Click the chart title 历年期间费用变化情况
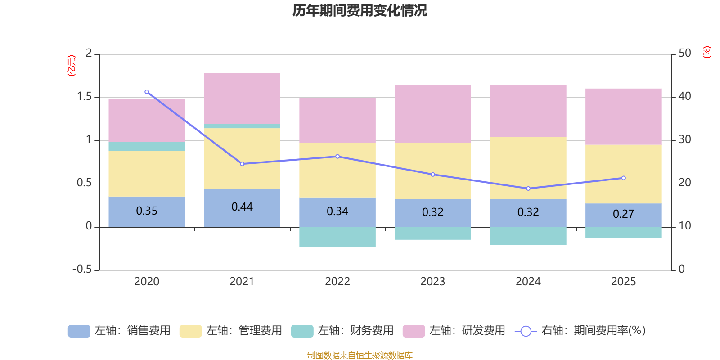pyautogui.click(x=360, y=10)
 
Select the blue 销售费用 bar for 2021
pyautogui.click(x=242, y=216)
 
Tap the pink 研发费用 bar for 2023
pyautogui.click(x=433, y=114)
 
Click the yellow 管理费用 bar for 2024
pyautogui.click(x=528, y=168)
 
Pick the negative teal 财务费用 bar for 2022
pyautogui.click(x=337, y=237)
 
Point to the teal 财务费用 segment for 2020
pyautogui.click(x=147, y=146)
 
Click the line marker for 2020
pyautogui.click(x=147, y=92)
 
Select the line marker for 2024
pyautogui.click(x=528, y=189)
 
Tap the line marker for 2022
pyautogui.click(x=337, y=157)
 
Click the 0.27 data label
pyautogui.click(x=623, y=214)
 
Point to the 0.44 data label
pyautogui.click(x=242, y=207)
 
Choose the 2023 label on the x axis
pyautogui.click(x=433, y=282)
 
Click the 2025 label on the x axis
pyautogui.click(x=623, y=282)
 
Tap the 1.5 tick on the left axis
pyautogui.click(x=84, y=97)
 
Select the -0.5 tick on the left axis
pyautogui.click(x=82, y=269)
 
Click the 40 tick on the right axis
pyautogui.click(x=685, y=96)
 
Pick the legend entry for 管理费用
pyautogui.click(x=230, y=331)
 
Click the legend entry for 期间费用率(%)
pyautogui.click(x=580, y=331)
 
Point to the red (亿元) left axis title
pyautogui.click(x=72, y=66)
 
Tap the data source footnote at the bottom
pyautogui.click(x=360, y=355)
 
